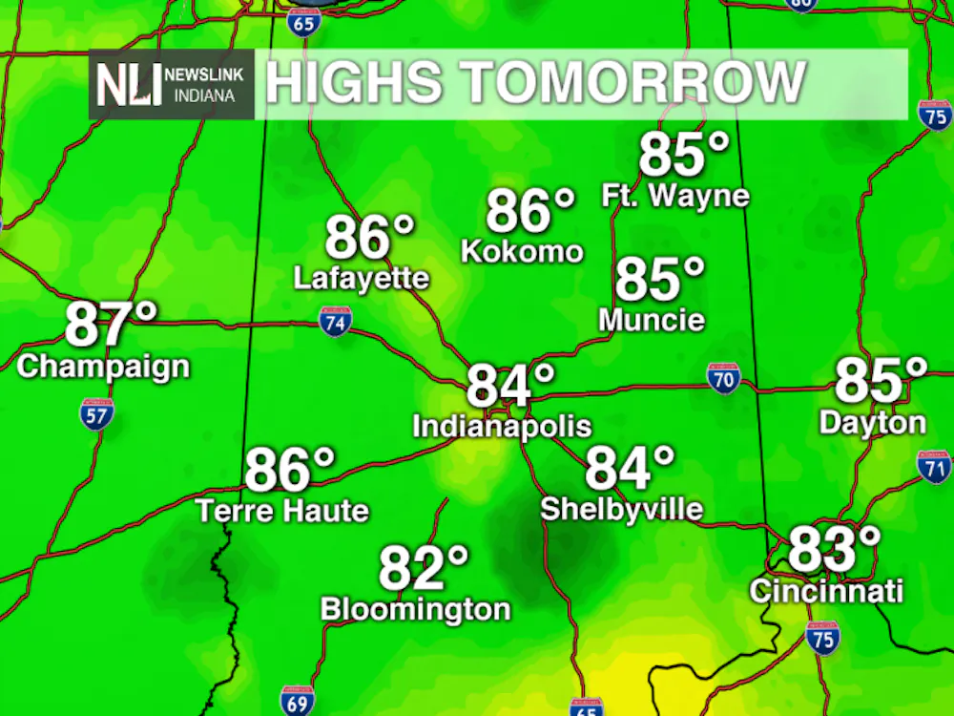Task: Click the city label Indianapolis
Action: click(x=502, y=426)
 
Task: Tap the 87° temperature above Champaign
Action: click(x=111, y=325)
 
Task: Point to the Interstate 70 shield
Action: click(x=724, y=378)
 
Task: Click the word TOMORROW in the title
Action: click(x=629, y=82)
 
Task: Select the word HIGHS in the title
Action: click(x=352, y=82)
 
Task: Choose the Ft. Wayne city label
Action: click(x=675, y=197)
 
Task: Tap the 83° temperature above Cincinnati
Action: click(x=834, y=549)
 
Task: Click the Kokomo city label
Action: click(x=522, y=251)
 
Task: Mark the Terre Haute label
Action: click(x=282, y=511)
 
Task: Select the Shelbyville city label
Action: click(x=622, y=509)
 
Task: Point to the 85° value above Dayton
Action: click(x=881, y=381)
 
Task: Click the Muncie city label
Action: click(x=652, y=320)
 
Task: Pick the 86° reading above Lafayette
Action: click(x=369, y=238)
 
